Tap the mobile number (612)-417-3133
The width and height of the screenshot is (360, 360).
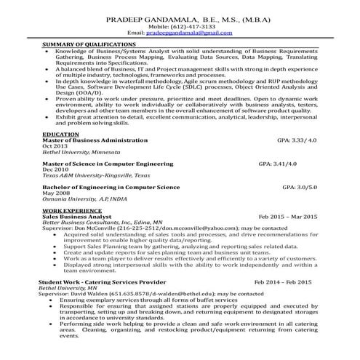(181, 26)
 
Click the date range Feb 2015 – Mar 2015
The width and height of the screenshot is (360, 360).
(288, 217)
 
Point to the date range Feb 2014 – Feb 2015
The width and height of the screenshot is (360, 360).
(283, 281)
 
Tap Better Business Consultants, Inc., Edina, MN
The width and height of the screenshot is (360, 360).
(103, 223)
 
